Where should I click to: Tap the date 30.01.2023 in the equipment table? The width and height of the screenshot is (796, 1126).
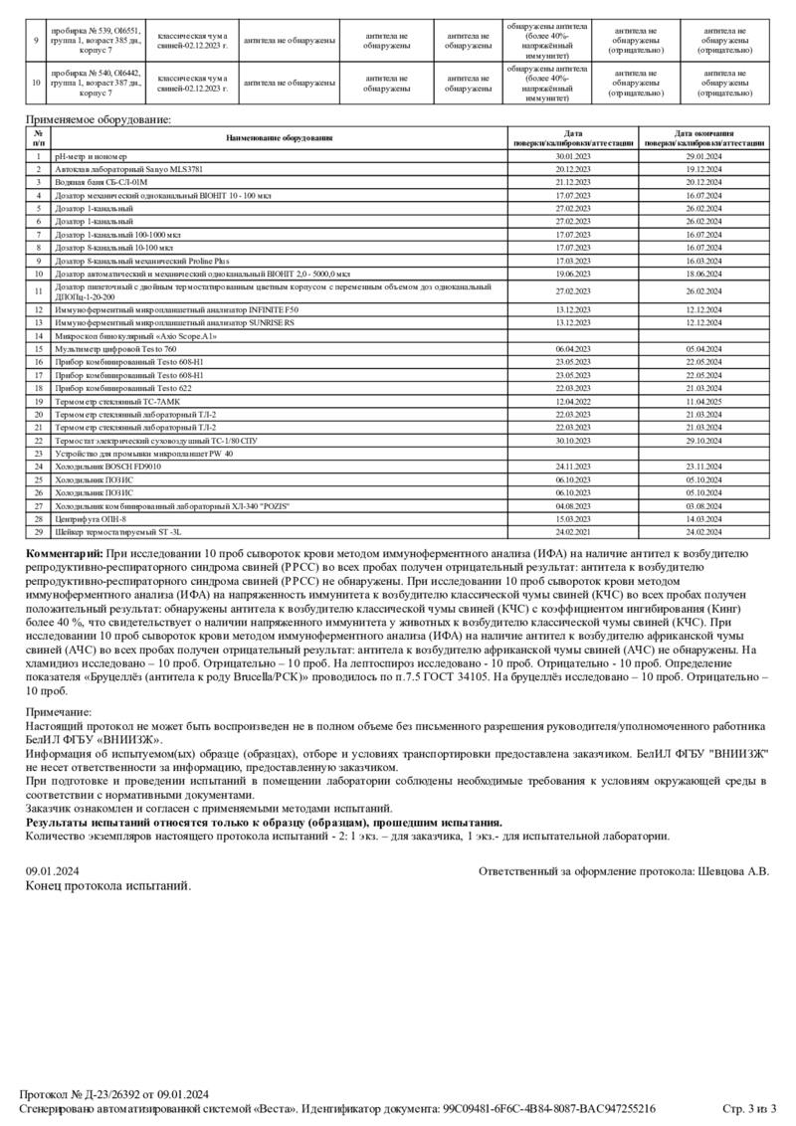[573, 157]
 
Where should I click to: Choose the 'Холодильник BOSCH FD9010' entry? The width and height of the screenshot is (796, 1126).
[107, 466]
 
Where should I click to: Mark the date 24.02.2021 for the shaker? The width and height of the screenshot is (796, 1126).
[573, 531]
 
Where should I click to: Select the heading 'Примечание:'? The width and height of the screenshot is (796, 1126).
[59, 712]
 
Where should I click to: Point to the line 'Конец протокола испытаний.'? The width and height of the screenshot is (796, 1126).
[107, 885]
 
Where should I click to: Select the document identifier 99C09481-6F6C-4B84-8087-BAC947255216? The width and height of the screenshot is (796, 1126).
[548, 1108]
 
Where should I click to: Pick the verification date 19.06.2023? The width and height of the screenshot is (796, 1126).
[573, 273]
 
